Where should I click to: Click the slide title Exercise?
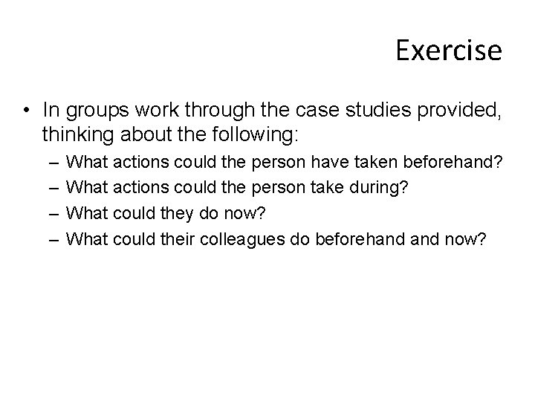pyautogui.click(x=449, y=50)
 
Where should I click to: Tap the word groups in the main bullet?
pyautogui.click(x=86, y=111)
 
